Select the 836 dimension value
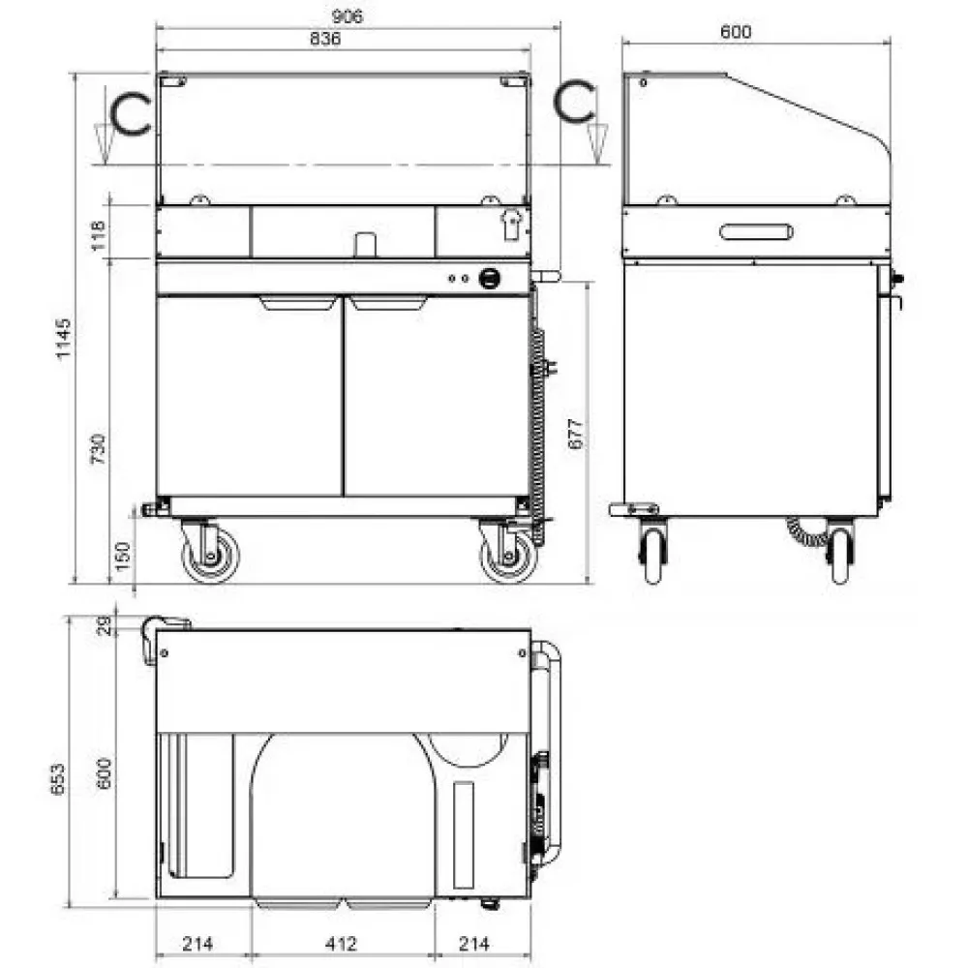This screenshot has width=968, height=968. [x=326, y=39]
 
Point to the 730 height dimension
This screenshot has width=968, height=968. [x=98, y=448]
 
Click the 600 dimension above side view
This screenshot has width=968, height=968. [x=736, y=30]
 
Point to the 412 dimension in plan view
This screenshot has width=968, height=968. [x=341, y=942]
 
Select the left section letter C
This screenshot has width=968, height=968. [x=129, y=113]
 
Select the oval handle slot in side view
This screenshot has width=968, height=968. [x=757, y=231]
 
